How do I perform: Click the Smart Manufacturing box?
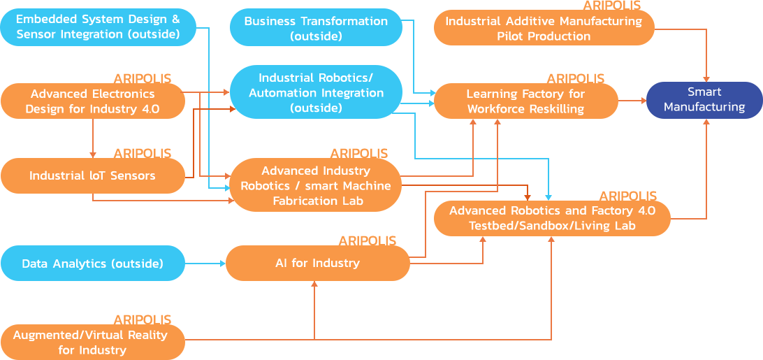[x=704, y=100]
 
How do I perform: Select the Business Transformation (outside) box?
[x=316, y=28]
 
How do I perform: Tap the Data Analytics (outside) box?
[x=92, y=263]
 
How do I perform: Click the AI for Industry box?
[x=318, y=263]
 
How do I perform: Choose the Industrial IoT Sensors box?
[x=92, y=175]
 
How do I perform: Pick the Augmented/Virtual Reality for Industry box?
[x=92, y=342]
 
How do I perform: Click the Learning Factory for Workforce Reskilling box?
[x=525, y=101]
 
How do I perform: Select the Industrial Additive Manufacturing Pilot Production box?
[x=544, y=28]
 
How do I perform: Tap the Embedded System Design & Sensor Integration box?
[x=98, y=27]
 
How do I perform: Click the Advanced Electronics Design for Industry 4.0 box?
[x=92, y=101]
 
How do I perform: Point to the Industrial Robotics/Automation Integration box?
[x=316, y=92]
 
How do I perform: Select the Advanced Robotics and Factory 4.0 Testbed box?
[x=552, y=218]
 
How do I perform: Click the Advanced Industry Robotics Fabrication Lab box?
[x=314, y=185]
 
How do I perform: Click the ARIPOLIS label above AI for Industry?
[x=368, y=240]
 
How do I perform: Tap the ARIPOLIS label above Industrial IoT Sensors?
[x=143, y=153]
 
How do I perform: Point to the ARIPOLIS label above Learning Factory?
[x=576, y=78]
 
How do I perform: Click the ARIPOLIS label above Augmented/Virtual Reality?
[x=143, y=319]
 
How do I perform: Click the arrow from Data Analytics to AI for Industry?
[x=205, y=263]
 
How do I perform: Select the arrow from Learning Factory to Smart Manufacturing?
[x=632, y=101]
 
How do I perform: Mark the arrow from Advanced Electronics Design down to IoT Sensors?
[x=92, y=138]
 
